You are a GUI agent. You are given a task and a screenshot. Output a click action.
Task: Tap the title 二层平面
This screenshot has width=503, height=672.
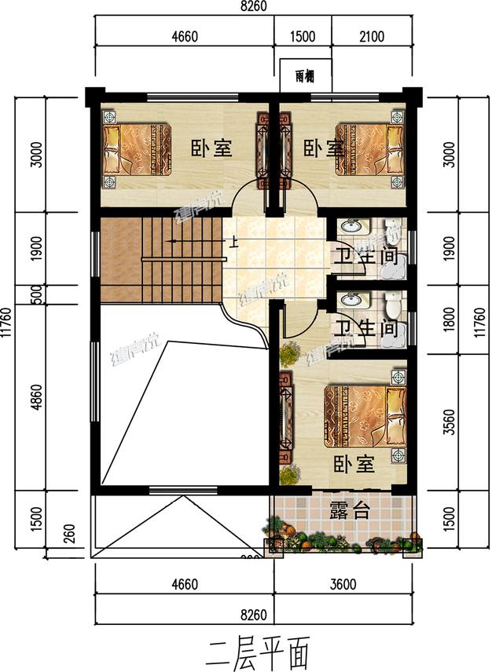(x=255, y=651)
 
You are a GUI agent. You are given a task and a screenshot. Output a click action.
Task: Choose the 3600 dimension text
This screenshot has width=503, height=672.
(x=343, y=583)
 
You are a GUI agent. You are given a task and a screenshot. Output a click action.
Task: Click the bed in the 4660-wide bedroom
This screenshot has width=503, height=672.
(x=138, y=151)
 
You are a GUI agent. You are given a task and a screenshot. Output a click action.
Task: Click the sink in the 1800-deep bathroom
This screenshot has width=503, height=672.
(x=352, y=299)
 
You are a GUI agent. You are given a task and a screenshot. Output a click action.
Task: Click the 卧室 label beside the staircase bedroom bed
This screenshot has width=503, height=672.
(x=211, y=148)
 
